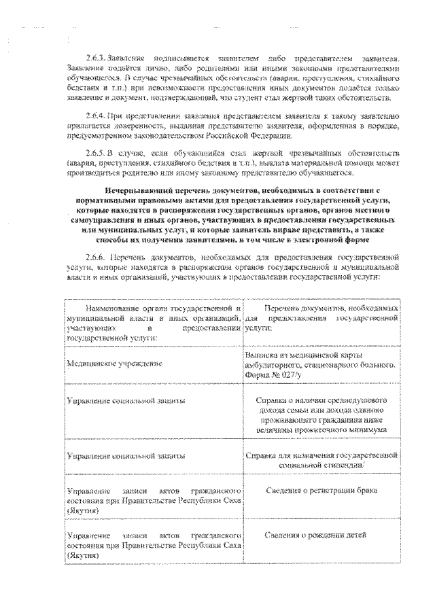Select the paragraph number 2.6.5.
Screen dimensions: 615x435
96,155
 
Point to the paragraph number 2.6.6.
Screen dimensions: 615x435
96,258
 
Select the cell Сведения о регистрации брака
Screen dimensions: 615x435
321,490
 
